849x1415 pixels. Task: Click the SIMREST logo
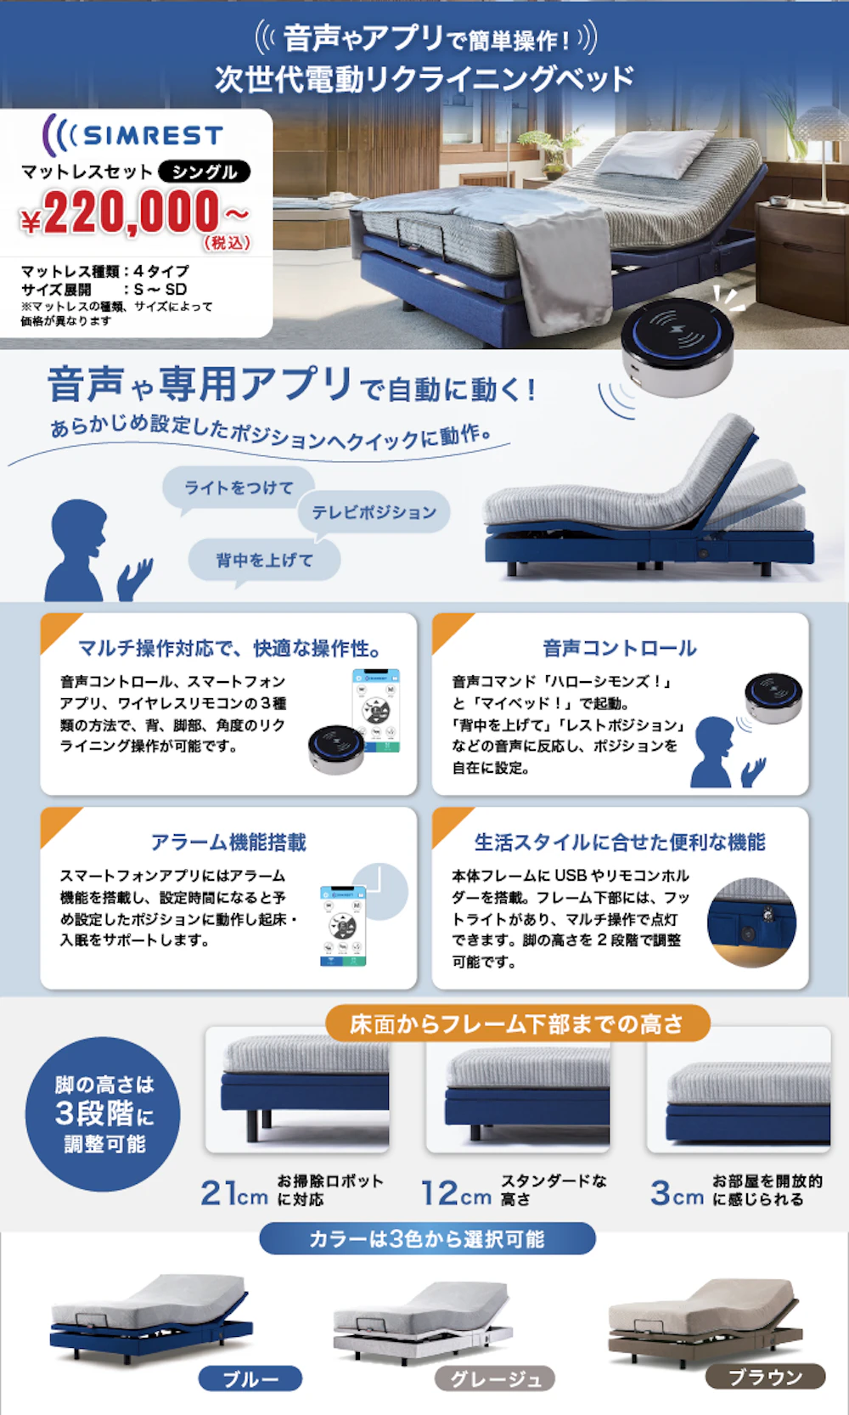click(133, 134)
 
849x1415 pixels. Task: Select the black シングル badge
click(204, 172)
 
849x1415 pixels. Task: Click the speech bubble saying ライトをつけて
click(239, 488)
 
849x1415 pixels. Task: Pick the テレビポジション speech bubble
click(374, 512)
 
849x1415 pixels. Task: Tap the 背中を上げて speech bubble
click(264, 561)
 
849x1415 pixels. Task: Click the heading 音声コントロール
click(620, 649)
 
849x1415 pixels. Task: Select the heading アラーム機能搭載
click(228, 843)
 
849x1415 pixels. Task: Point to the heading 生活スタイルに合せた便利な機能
click(620, 843)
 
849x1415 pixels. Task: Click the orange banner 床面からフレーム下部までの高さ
click(517, 1024)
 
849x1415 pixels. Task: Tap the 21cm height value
click(234, 1193)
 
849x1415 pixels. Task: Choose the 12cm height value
click(457, 1193)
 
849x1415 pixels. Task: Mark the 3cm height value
click(677, 1193)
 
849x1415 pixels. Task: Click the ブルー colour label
click(250, 1378)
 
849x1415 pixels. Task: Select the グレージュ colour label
click(495, 1378)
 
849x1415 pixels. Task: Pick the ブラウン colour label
click(765, 1377)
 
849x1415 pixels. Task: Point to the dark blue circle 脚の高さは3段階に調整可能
click(104, 1113)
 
